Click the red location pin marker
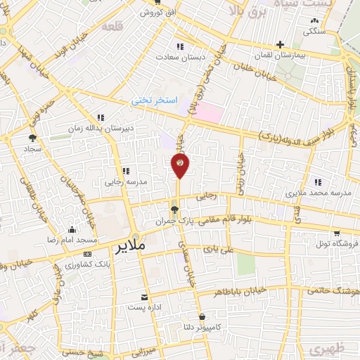(x=180, y=165)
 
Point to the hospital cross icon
(x=280, y=44)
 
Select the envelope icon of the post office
(x=144, y=297)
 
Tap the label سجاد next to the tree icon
(x=32, y=150)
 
